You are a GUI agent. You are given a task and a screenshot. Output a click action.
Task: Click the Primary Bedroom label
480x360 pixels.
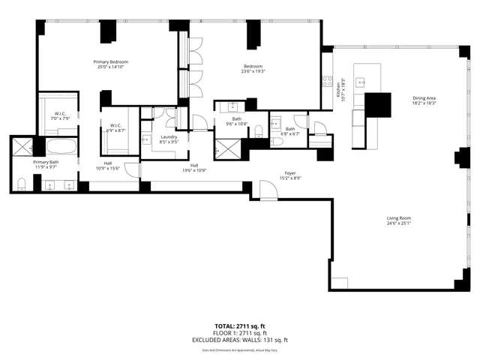[110, 65]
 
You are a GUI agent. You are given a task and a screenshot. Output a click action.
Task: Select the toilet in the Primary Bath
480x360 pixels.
[22, 182]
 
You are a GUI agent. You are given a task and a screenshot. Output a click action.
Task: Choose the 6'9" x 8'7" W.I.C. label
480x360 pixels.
[116, 128]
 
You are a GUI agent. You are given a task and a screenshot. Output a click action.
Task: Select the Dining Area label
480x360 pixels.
[424, 100]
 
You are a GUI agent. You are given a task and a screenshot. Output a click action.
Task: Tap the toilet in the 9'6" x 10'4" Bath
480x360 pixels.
[257, 132]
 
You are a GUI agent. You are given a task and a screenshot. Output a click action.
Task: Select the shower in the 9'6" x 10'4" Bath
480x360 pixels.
[227, 147]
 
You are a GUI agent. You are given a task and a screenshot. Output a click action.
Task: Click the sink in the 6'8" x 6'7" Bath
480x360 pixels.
[276, 123]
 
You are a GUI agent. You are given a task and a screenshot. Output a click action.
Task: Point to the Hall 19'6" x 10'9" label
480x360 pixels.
[194, 168]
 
